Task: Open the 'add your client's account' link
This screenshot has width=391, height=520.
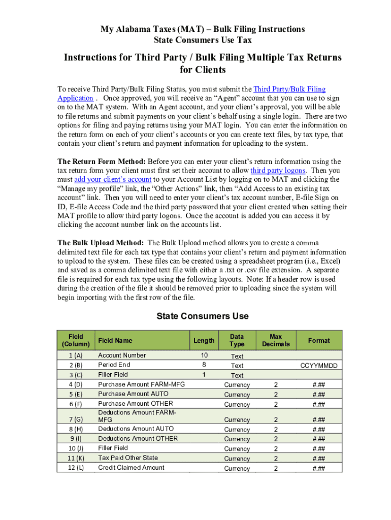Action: [113, 179]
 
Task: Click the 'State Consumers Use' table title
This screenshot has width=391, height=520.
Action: [202, 316]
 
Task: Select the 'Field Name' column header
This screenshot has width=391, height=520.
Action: [115, 341]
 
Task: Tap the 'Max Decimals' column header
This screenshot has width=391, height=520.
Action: [276, 340]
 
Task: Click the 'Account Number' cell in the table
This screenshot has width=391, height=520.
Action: [122, 355]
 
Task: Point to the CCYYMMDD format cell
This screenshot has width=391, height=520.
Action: [318, 366]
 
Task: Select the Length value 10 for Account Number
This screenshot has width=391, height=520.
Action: [204, 355]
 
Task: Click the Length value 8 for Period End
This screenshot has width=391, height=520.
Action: [204, 365]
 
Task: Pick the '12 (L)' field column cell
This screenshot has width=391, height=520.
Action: [76, 468]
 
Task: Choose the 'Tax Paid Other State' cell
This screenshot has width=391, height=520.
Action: [128, 458]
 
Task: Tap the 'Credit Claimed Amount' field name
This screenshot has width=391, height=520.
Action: [131, 468]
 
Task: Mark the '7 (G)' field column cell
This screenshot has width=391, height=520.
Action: [76, 420]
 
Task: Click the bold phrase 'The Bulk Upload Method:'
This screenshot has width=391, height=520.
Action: [101, 243]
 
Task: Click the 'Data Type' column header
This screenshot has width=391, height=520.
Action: [237, 340]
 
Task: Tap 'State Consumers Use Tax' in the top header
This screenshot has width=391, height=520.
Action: [202, 40]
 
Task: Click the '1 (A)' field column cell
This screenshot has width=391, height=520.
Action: [76, 355]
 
